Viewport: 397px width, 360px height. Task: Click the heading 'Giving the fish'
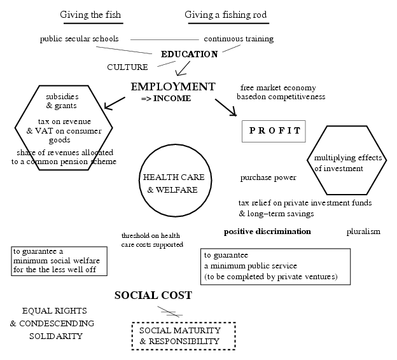(x=90, y=15)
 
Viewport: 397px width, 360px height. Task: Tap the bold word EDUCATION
(x=189, y=55)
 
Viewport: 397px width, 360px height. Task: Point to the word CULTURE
(x=127, y=67)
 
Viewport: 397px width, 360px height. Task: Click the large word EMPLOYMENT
(x=173, y=87)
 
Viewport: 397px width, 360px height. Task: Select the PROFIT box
(x=274, y=131)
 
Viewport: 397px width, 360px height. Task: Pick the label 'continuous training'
(x=239, y=39)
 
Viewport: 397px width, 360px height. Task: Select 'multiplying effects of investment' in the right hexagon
(x=338, y=163)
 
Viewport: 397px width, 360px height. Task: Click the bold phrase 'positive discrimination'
(x=267, y=232)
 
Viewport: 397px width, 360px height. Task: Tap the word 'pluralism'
(x=363, y=232)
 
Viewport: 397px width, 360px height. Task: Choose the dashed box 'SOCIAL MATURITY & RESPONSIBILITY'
(x=183, y=336)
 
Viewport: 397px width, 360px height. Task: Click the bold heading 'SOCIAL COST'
(x=153, y=296)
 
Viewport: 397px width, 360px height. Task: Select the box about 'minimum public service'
(x=275, y=266)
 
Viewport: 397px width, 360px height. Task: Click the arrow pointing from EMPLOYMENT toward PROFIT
(x=226, y=107)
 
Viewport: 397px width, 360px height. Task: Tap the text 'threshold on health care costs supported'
(x=152, y=240)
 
